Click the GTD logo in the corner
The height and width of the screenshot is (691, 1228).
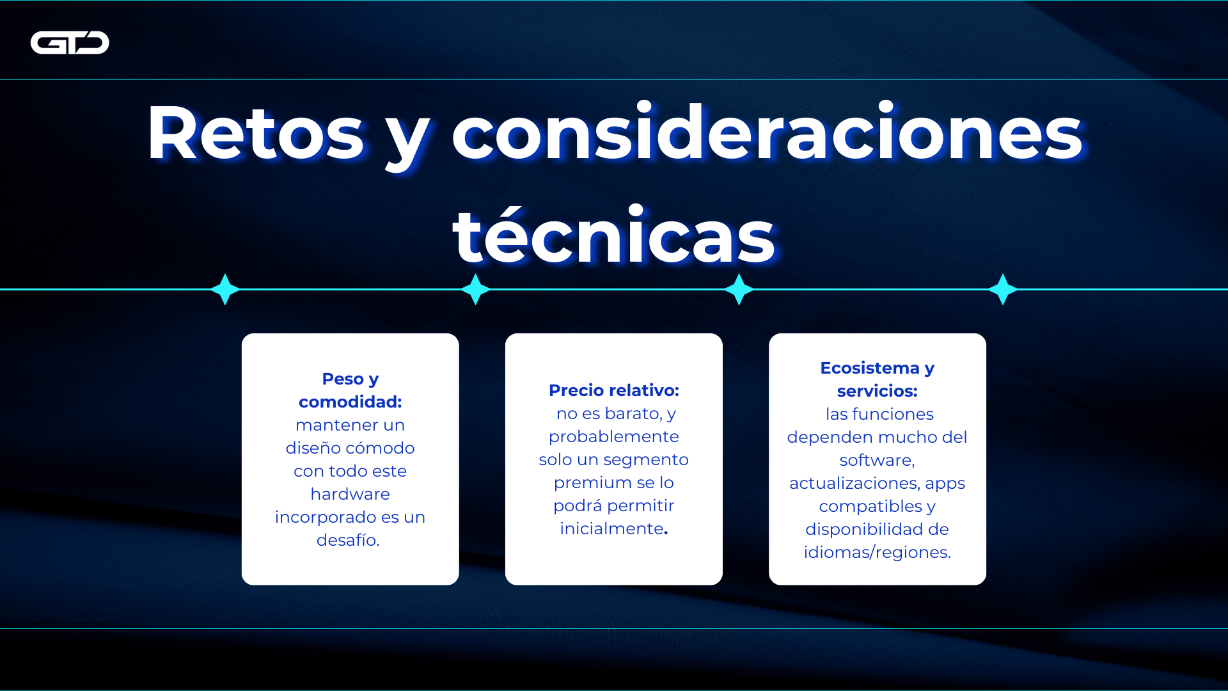[x=70, y=43]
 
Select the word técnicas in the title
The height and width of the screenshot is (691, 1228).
[x=613, y=237]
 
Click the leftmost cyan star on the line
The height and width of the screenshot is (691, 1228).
[x=225, y=289]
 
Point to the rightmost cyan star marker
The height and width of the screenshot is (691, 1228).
[x=1002, y=289]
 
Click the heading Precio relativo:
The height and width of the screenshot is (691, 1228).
[x=613, y=390]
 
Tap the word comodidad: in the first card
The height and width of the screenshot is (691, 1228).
[x=350, y=402]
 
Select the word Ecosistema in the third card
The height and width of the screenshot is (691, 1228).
[x=869, y=368]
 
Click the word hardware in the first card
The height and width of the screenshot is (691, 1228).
[x=350, y=494]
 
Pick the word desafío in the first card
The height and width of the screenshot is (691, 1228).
[x=347, y=540]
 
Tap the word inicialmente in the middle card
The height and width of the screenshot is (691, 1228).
[x=611, y=528]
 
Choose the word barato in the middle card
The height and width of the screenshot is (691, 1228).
[x=633, y=413]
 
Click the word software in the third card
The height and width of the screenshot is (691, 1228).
[x=876, y=460]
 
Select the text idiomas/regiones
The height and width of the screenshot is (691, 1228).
[x=877, y=552]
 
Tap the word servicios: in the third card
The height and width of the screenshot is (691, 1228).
[x=877, y=391]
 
